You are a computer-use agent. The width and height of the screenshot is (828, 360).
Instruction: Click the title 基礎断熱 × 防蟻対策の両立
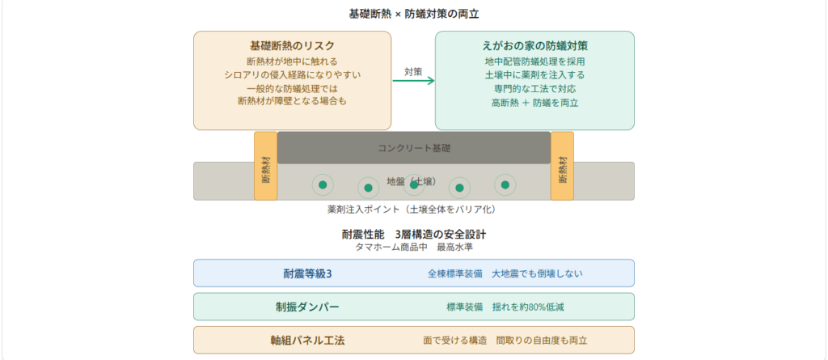click(413, 15)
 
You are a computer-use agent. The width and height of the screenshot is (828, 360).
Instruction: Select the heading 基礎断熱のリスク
click(292, 46)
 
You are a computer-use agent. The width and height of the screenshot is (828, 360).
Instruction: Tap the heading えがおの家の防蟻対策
click(534, 46)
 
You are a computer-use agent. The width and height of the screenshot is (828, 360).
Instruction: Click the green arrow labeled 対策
click(413, 81)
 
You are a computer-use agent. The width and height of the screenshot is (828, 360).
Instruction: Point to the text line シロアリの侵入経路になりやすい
click(292, 75)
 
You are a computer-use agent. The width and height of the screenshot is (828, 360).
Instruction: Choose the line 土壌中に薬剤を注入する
click(534, 75)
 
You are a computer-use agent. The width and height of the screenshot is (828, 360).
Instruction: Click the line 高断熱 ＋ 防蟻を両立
click(534, 103)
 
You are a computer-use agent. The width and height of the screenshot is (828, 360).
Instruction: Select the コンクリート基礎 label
click(413, 148)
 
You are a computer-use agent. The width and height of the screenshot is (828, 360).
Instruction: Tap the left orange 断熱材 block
click(266, 167)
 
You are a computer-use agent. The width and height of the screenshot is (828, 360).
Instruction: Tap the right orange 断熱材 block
click(562, 167)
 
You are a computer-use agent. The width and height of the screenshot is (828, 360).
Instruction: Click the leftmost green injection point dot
click(323, 184)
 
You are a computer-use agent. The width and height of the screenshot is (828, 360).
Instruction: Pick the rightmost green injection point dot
click(505, 184)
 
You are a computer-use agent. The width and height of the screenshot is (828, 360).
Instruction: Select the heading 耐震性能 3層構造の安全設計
click(413, 235)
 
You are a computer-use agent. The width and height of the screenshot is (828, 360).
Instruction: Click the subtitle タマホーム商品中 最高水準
click(413, 247)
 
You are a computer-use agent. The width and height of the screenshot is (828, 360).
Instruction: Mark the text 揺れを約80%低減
click(540, 307)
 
